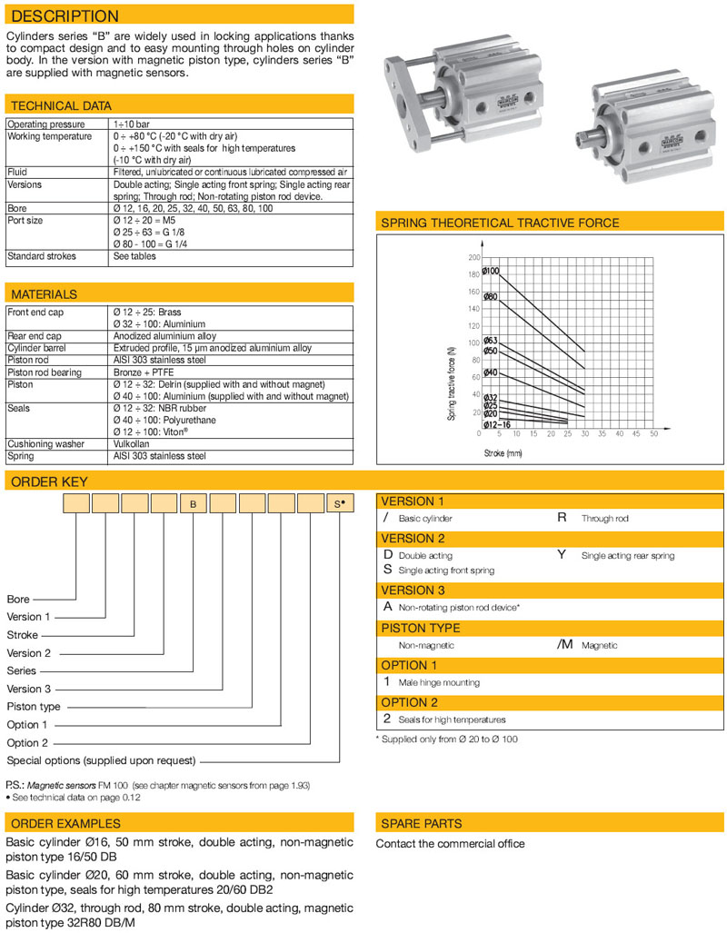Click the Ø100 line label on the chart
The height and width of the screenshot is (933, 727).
pos(491,271)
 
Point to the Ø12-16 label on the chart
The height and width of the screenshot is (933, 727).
pos(495,424)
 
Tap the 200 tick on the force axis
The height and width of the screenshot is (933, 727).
pos(473,259)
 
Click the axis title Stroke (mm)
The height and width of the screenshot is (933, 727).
pos(503,452)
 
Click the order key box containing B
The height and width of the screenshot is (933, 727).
pos(193,502)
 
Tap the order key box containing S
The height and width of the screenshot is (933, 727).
pos(339,502)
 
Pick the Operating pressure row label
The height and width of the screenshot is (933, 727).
pos(46,124)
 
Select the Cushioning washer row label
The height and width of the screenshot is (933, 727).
pos(45,443)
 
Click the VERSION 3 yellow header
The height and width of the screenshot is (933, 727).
pos(414,590)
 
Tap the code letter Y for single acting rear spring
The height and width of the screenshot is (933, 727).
pos(562,554)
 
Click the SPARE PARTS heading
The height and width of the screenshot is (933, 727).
pos(421,823)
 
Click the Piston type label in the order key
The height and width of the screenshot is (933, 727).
pos(34,706)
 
